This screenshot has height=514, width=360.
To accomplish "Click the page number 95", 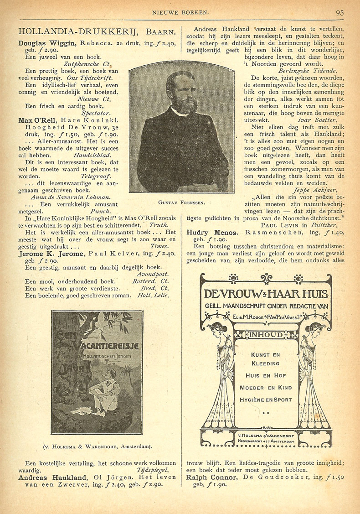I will pos(339,12).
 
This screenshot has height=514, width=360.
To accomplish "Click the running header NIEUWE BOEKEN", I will pos(180,12).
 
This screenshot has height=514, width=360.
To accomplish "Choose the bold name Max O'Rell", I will pos(34,120).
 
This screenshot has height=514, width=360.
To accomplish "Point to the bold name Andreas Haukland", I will pos(52,477).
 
